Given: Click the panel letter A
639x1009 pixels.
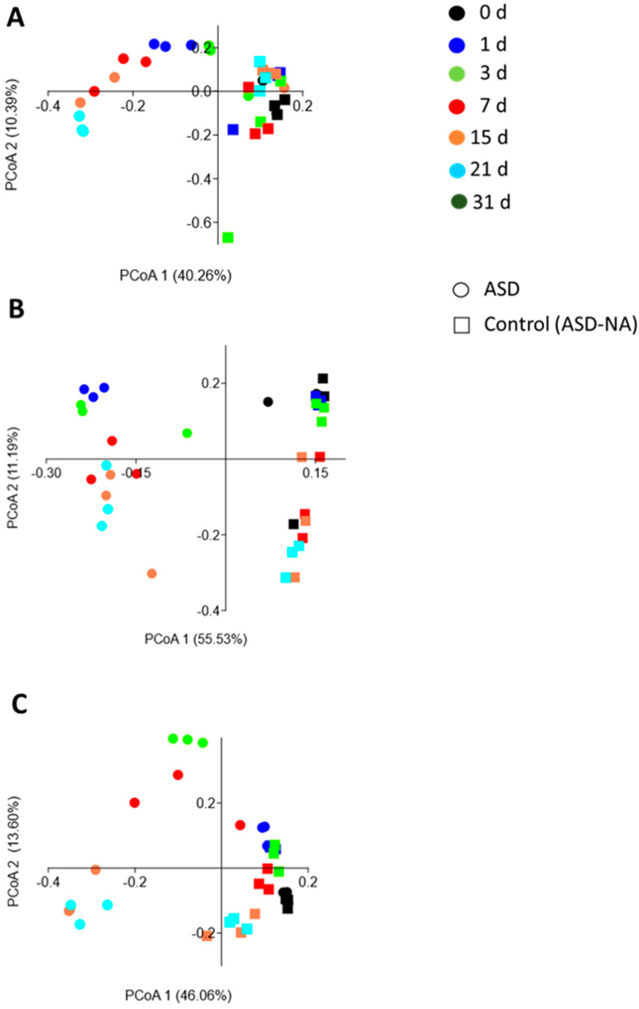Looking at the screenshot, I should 15,19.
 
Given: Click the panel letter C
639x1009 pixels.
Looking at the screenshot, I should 16,704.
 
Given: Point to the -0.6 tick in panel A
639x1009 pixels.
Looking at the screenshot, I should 199,221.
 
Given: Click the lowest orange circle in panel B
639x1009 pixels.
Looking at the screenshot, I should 152,574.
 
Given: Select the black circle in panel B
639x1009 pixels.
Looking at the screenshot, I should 268,402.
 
